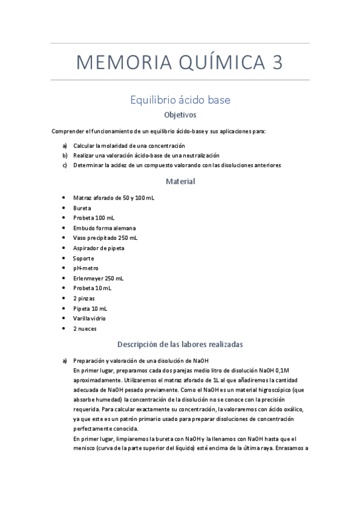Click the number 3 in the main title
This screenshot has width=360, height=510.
[x=276, y=62]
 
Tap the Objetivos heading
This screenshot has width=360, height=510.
[x=180, y=114]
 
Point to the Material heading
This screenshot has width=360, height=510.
[x=180, y=181]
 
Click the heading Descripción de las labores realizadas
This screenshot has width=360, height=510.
[x=180, y=345]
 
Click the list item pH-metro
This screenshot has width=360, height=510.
[x=86, y=268]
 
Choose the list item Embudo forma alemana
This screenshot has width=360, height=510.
[x=104, y=228]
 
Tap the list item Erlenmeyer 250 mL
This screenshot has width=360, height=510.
[x=98, y=278]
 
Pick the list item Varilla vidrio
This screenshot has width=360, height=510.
[x=91, y=319]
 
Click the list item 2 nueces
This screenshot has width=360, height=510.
[x=85, y=329]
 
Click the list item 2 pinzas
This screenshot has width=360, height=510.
[x=84, y=298]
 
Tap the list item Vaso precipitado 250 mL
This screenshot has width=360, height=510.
[x=105, y=238]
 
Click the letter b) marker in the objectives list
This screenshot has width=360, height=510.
[x=64, y=155]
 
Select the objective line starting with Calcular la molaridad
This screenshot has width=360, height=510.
[x=129, y=146]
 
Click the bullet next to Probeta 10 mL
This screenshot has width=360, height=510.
[x=64, y=289]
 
